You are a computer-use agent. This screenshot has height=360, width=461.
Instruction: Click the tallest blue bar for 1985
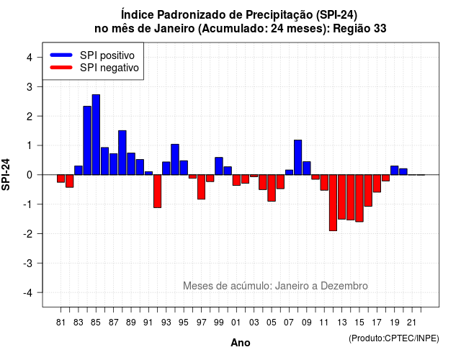(96, 135)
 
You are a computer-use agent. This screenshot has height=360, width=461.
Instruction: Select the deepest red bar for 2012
(333, 203)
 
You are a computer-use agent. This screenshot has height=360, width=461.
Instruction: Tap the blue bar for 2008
(297, 158)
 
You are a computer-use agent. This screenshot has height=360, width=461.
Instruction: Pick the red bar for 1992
(157, 192)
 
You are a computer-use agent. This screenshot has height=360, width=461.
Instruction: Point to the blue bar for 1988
(122, 153)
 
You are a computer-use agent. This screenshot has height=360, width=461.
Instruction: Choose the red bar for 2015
(359, 199)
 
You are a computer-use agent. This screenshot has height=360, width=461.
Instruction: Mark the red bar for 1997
(202, 187)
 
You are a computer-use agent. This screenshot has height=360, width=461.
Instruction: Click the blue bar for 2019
(395, 171)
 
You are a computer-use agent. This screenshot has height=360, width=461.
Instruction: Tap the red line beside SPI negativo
(61, 68)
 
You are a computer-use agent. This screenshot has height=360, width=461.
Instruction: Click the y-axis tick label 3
(30, 87)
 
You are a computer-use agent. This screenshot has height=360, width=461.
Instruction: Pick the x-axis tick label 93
(166, 323)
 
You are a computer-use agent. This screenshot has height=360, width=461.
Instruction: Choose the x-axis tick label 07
(289, 323)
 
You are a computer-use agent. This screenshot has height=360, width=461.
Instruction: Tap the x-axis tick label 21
(412, 323)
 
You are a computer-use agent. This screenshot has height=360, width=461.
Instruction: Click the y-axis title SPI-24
(6, 174)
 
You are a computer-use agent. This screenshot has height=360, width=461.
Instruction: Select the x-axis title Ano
(241, 343)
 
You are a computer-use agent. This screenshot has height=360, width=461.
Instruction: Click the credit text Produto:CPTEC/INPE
(394, 338)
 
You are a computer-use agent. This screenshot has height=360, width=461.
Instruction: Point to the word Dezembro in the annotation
(344, 286)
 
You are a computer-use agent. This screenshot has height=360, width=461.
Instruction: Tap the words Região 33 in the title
(359, 29)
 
